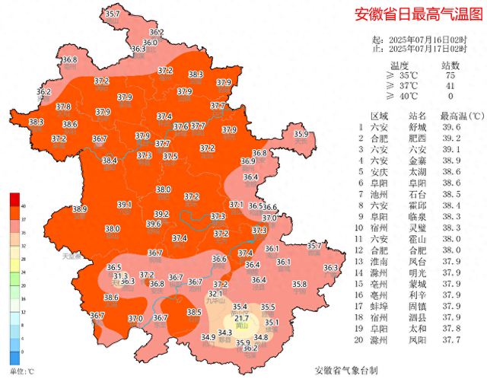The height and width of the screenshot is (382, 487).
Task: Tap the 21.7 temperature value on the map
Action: (x=241, y=319)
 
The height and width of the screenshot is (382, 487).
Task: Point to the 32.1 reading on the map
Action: (x=215, y=293)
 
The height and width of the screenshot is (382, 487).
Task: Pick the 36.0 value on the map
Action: (x=150, y=43)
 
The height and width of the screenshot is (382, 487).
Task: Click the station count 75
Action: (x=450, y=75)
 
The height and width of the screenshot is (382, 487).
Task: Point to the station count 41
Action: (x=450, y=86)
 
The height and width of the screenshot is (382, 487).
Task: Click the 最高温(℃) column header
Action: (x=462, y=116)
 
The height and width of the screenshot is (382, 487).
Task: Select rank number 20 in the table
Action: (x=360, y=339)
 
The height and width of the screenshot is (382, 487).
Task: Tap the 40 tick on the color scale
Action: (x=23, y=205)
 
